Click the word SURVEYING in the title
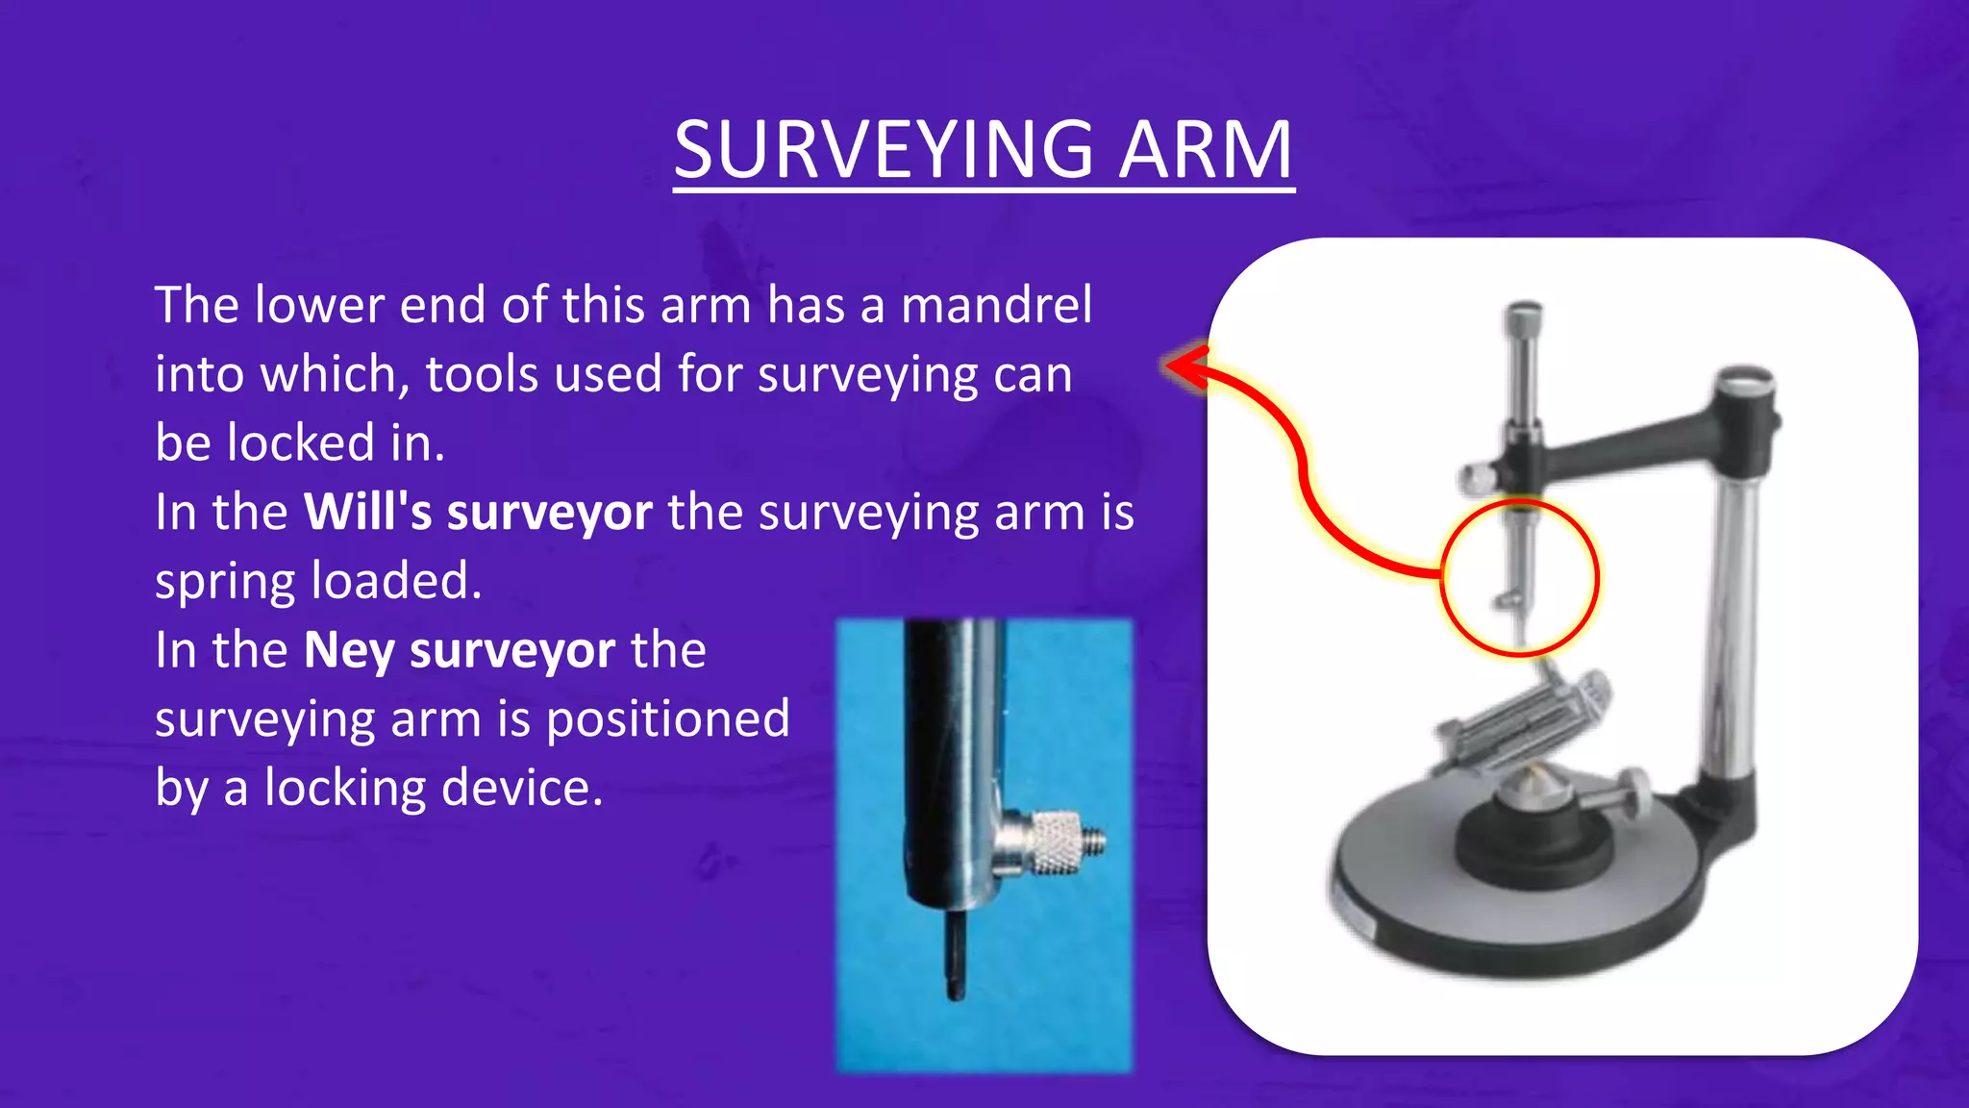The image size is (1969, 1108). click(x=883, y=150)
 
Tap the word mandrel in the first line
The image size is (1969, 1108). click(x=996, y=306)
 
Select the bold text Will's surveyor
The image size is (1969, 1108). click(x=478, y=512)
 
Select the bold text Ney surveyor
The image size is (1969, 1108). click(x=459, y=650)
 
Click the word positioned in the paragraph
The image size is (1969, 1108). click(x=667, y=718)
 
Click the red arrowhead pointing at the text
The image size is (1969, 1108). click(x=1184, y=365)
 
